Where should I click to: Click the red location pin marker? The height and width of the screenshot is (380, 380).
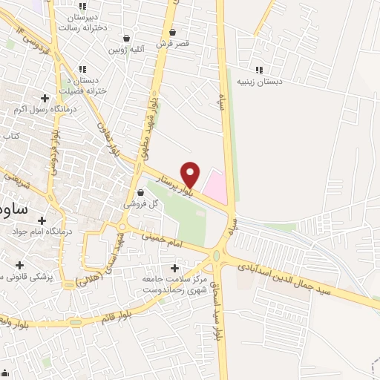(191, 173)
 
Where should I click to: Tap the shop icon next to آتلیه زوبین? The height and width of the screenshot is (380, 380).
(126, 38)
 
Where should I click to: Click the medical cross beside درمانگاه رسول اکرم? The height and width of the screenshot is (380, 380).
(45, 97)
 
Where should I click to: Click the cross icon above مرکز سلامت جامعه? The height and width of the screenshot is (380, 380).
(175, 268)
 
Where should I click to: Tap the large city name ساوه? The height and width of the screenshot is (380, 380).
(13, 209)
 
